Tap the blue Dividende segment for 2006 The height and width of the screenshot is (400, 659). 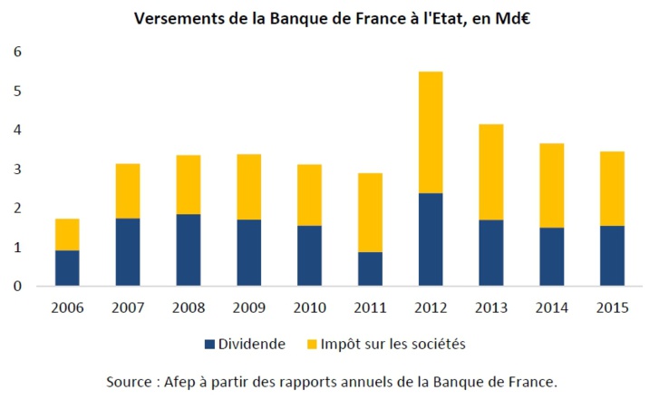(x=68, y=268)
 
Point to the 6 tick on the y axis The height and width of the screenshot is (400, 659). (x=16, y=53)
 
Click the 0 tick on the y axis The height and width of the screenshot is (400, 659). (x=16, y=286)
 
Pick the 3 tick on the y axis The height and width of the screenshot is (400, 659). (x=16, y=170)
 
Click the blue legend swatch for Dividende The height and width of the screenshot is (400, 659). (x=210, y=345)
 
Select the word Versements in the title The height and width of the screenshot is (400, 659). (x=179, y=18)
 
